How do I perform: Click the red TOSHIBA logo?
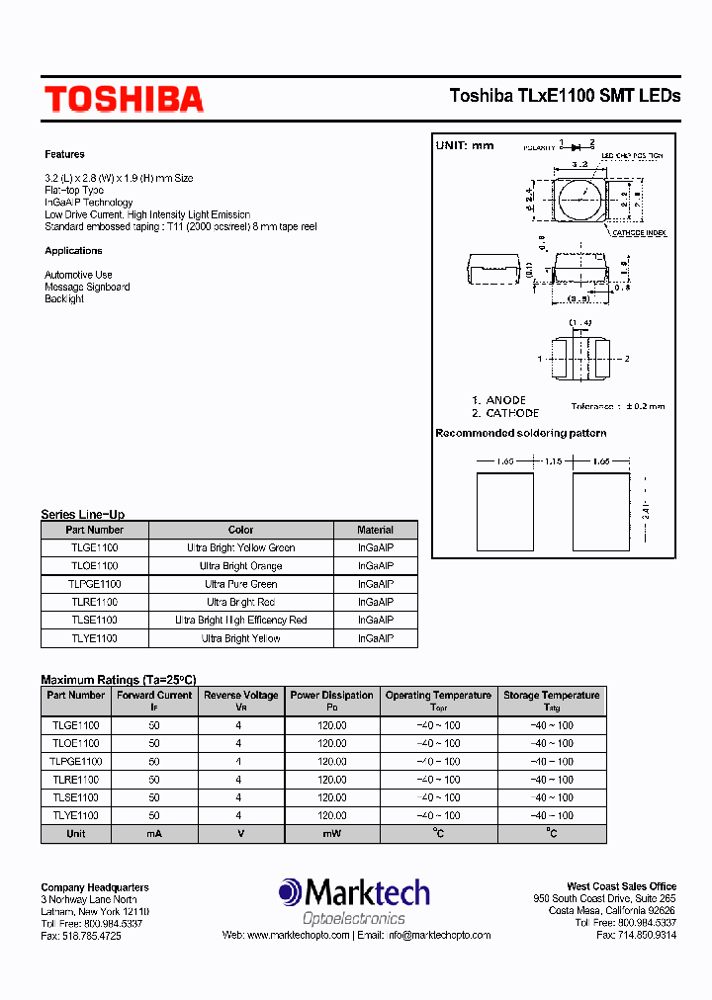124,99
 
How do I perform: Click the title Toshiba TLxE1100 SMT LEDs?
565,96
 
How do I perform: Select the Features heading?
64,154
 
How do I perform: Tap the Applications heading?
73,251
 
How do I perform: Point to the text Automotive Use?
78,275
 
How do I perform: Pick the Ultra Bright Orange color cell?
240,566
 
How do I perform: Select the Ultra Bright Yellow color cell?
240,638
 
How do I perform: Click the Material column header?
375,530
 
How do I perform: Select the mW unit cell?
331,833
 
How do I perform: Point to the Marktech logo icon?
291,892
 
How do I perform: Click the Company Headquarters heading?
95,887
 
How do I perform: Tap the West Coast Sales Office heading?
621,886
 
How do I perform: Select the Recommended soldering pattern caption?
520,433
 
